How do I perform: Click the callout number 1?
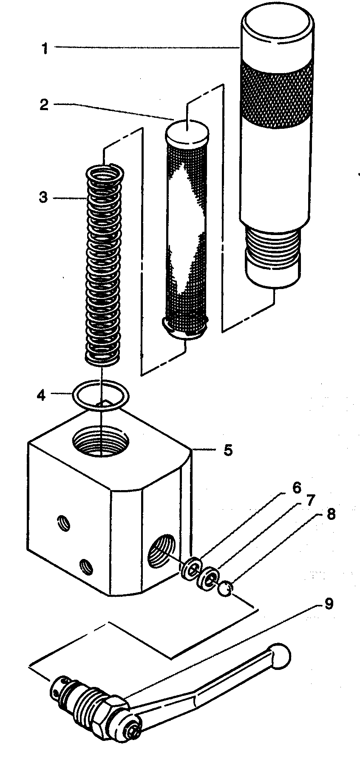(x=44, y=48)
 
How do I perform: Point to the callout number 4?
(x=41, y=395)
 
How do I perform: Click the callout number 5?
(x=228, y=450)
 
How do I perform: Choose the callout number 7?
(x=309, y=500)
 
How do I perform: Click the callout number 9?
(x=329, y=604)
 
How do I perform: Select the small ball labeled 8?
(x=225, y=589)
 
